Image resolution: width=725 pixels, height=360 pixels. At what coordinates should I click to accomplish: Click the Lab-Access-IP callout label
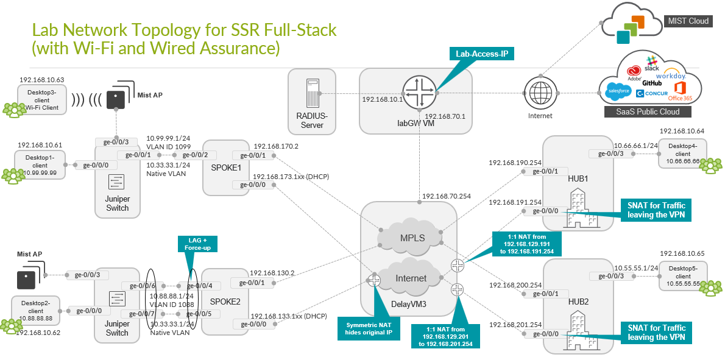(x=482, y=54)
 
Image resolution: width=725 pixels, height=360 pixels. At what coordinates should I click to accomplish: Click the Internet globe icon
(x=540, y=94)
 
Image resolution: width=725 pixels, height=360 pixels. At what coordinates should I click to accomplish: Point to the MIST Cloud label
(x=688, y=21)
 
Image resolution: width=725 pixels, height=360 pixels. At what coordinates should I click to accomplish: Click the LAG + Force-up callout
(x=196, y=244)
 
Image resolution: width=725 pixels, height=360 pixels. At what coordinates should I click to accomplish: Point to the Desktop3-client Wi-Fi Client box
(x=41, y=99)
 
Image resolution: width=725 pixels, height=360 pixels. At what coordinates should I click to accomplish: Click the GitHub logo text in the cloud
(x=651, y=82)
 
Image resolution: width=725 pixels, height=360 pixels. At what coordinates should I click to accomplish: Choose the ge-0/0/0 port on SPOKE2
(x=253, y=324)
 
